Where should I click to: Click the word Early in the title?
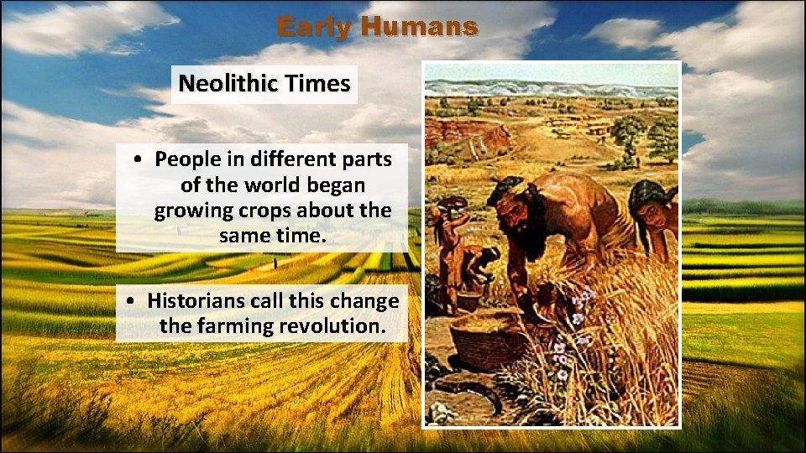coord(315,27)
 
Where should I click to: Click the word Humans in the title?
coord(420,27)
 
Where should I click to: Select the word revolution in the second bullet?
coord(338,325)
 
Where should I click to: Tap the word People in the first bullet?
coord(187,158)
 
